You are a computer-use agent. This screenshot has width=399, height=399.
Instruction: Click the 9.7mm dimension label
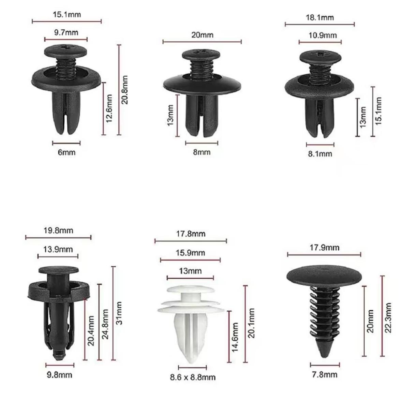tap(66, 33)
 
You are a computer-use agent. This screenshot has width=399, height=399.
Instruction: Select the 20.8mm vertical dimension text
tap(125, 90)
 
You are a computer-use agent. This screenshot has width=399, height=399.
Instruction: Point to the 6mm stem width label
tap(66, 152)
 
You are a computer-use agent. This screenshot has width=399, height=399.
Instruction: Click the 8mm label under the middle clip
tap(202, 152)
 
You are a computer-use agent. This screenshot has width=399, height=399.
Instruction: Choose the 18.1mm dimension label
tap(320, 17)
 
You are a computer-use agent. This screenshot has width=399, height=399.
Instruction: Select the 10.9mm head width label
tap(323, 35)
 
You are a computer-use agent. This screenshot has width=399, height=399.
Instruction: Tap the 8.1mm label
tap(320, 154)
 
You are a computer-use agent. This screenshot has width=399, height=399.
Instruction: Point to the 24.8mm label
tap(105, 324)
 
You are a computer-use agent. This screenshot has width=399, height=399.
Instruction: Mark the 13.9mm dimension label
tap(58, 249)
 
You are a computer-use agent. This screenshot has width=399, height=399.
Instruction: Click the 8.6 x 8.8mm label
tap(193, 377)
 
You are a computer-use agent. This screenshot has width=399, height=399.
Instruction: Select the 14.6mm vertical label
tap(235, 338)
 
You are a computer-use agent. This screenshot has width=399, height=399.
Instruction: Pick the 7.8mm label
tap(324, 374)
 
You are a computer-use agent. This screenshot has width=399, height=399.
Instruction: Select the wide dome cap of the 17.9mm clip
tap(324, 275)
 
